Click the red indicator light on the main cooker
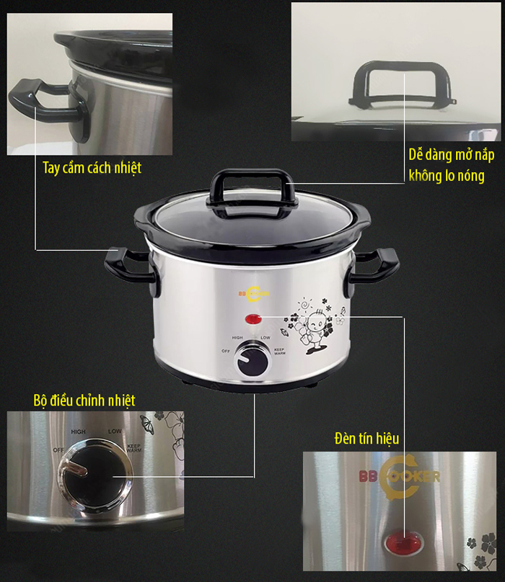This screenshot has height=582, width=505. pyautogui.click(x=253, y=318)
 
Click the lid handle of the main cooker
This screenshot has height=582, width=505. pyautogui.click(x=253, y=193)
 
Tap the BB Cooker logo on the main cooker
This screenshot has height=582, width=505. pyautogui.click(x=254, y=294)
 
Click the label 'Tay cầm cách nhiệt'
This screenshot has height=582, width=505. pyautogui.click(x=92, y=168)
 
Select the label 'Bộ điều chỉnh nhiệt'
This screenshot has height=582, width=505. pyautogui.click(x=84, y=401)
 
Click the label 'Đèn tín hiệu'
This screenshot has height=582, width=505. pyautogui.click(x=366, y=439)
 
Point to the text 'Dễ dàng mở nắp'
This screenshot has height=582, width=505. pyautogui.click(x=452, y=155)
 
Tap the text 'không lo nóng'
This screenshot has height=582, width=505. pyautogui.click(x=447, y=176)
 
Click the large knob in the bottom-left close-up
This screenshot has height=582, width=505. pyautogui.click(x=95, y=476)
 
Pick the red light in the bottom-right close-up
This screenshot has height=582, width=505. pyautogui.click(x=404, y=543)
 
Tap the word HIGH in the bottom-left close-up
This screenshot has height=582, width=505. pyautogui.click(x=78, y=431)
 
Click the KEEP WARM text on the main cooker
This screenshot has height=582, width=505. pyautogui.click(x=280, y=351)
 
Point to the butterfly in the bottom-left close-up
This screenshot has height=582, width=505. pyautogui.click(x=146, y=424)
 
